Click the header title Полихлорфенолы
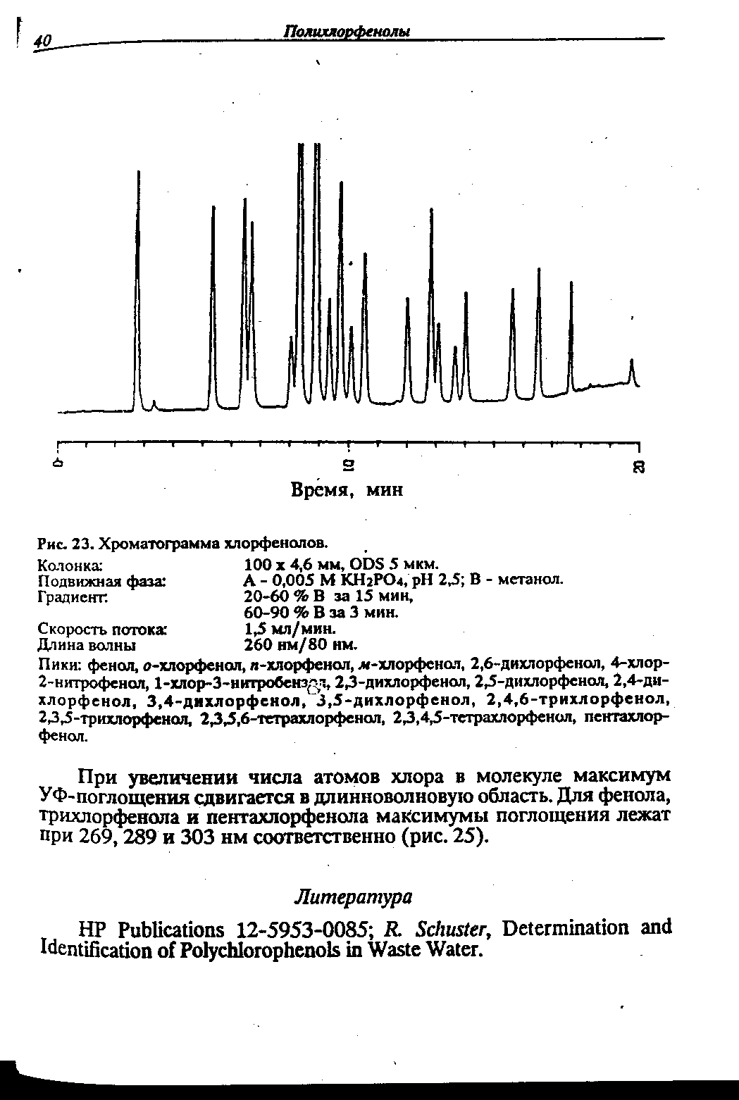tap(347, 32)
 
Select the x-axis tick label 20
tap(638, 466)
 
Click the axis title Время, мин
tap(347, 489)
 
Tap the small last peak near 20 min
tap(632, 370)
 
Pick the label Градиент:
tap(73, 596)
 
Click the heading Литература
tap(352, 896)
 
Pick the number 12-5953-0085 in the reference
tap(304, 927)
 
